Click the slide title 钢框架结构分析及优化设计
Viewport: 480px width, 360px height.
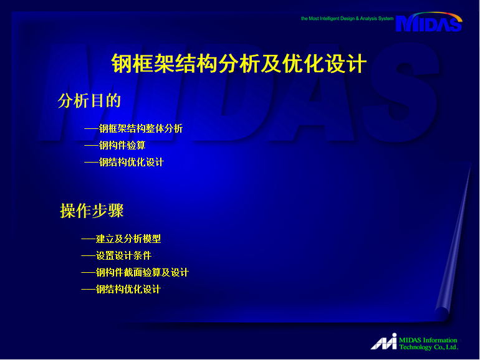pos(239,64)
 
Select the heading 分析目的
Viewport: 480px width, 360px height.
pos(89,101)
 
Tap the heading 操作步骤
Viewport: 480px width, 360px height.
pos(92,211)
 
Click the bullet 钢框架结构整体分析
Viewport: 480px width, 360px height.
pos(141,128)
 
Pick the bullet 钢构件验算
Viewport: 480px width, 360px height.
pos(122,145)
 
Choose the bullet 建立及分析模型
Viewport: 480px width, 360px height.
pos(128,239)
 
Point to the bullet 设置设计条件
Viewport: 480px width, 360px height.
pos(123,256)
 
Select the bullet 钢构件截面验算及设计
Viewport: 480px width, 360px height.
pos(142,273)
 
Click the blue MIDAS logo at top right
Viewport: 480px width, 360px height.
pos(429,22)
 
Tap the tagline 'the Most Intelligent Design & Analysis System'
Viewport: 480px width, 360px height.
pos(347,19)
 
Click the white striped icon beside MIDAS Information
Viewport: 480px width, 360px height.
pos(384,341)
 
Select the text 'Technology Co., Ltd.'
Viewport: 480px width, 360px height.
pos(429,347)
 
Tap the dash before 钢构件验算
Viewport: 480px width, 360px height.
pos(91,146)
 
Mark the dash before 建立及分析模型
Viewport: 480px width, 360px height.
pos(88,239)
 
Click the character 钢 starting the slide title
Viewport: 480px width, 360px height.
pos(122,64)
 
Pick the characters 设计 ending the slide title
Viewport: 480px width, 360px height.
pos(345,64)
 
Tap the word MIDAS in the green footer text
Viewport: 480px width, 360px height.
pos(410,340)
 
